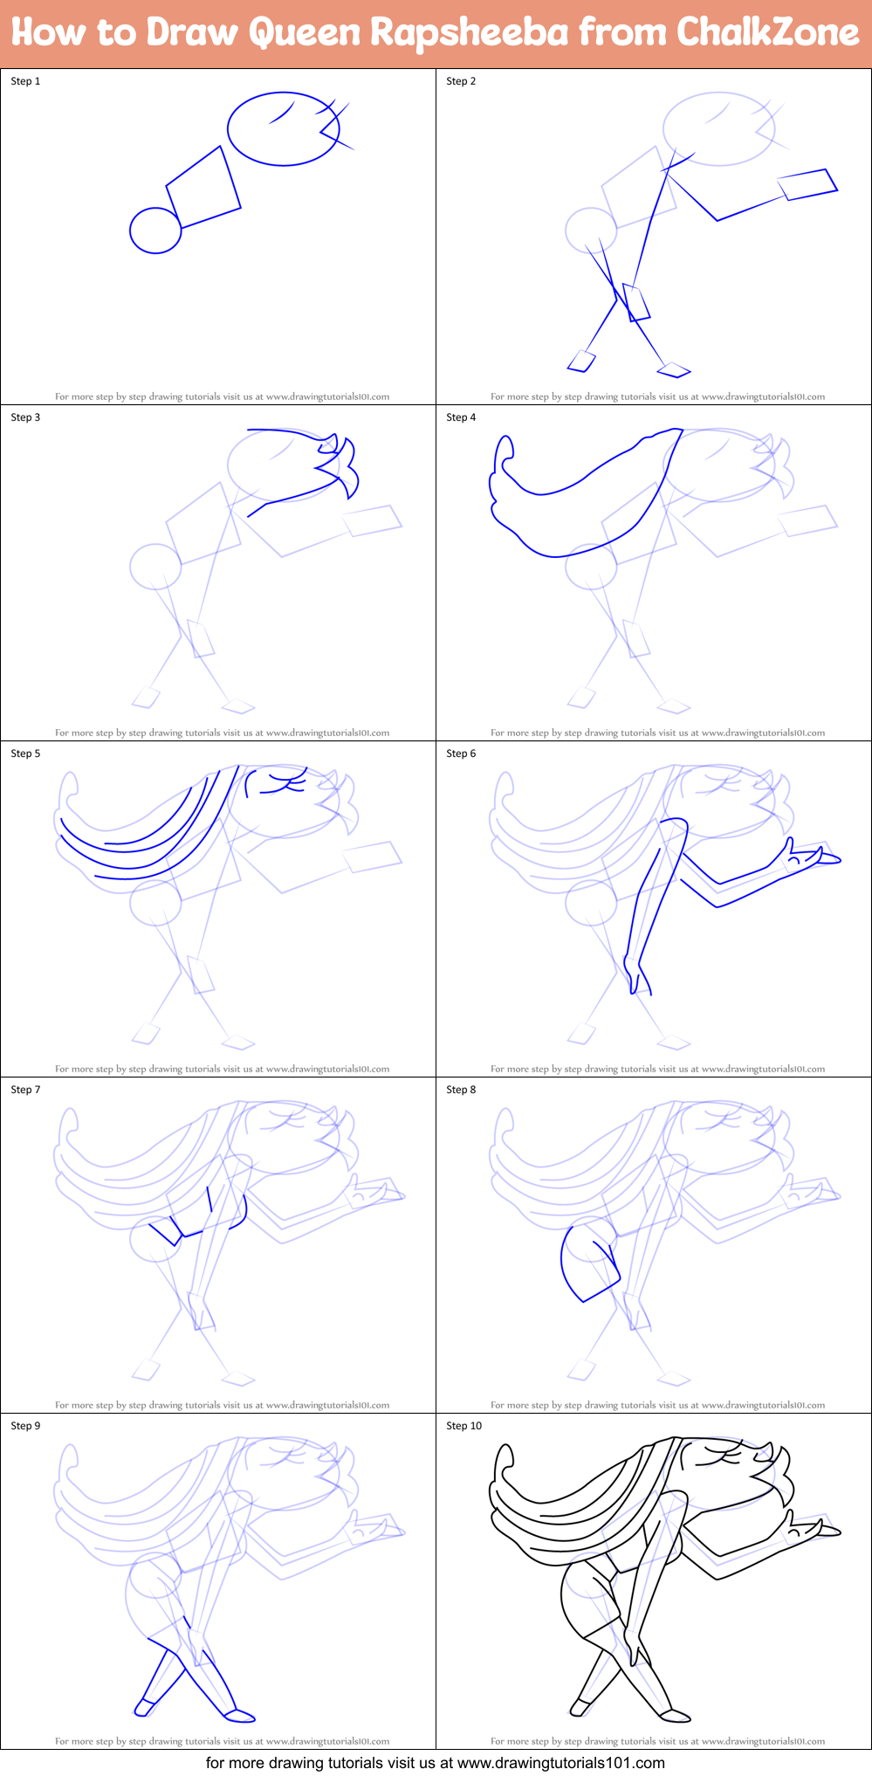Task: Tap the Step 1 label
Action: point(25,81)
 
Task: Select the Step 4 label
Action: point(461,417)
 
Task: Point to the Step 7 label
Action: point(25,1090)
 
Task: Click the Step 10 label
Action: point(463,1426)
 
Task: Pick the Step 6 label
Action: point(461,754)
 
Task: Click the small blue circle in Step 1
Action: point(155,231)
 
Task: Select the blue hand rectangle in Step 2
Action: point(807,184)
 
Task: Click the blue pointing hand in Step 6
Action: point(812,855)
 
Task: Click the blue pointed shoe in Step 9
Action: point(239,1716)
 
